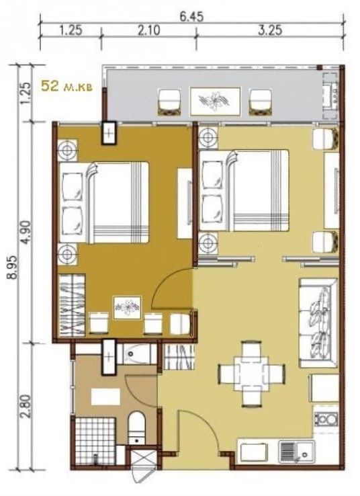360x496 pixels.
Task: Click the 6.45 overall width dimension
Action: pos(191,17)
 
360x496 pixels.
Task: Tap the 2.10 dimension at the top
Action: pos(149,31)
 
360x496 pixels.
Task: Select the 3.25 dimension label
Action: pos(270,31)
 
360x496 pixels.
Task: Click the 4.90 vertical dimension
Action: pos(28,232)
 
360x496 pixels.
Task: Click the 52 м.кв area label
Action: pos(66,86)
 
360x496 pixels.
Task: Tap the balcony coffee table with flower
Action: pos(215,101)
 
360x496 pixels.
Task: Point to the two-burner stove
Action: pos(326,419)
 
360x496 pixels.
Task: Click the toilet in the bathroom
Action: pos(137,427)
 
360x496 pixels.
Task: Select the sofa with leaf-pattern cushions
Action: pos(318,323)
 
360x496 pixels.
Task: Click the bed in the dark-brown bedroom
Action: pos(104,202)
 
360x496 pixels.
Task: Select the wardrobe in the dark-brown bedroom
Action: pos(72,305)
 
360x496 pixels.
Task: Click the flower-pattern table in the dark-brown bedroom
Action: pos(128,307)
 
